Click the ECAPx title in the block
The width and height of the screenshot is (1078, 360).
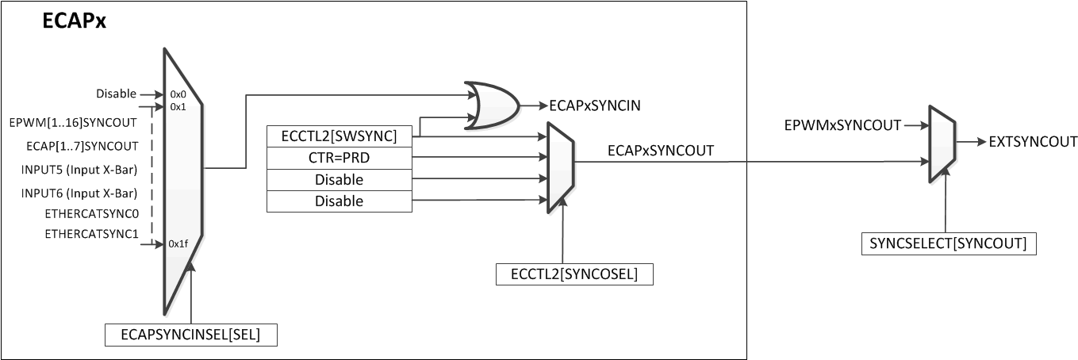(x=74, y=23)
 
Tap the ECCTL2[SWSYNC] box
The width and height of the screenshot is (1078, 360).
(x=339, y=136)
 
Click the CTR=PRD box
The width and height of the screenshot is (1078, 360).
(x=339, y=158)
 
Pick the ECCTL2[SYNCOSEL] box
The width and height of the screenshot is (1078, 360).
(x=574, y=274)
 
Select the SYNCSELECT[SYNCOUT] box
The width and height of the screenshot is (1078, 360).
(x=949, y=243)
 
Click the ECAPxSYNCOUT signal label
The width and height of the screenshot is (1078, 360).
(x=660, y=150)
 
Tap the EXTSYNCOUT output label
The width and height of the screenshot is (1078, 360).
(x=1034, y=143)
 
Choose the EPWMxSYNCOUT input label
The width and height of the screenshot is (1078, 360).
(x=842, y=125)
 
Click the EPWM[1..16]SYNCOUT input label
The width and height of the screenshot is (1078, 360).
(x=74, y=123)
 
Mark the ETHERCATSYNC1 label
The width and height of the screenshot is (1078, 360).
(x=90, y=233)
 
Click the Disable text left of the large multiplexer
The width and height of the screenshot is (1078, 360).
(x=116, y=94)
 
